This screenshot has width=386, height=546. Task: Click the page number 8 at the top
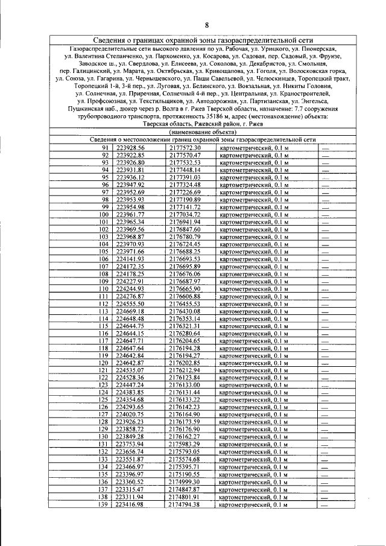[x=206, y=25]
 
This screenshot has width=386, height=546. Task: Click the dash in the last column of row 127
[x=325, y=414]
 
